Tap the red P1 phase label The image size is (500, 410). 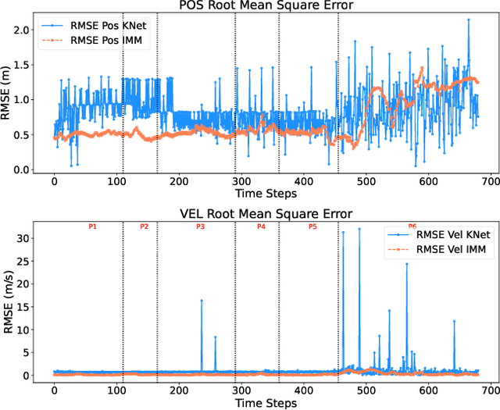(92, 226)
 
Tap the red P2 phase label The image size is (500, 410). (144, 226)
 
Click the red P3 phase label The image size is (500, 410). (200, 226)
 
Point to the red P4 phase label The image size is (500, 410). (261, 226)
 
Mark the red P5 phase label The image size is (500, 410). (312, 226)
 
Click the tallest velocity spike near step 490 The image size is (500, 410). (359, 229)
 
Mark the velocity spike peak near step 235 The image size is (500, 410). (201, 301)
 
